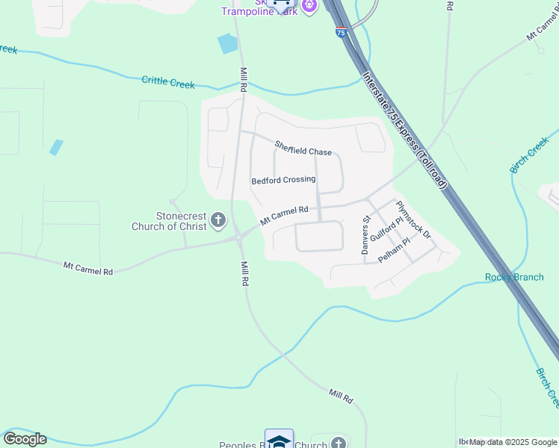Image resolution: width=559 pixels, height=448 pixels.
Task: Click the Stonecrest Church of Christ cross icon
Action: point(218,220)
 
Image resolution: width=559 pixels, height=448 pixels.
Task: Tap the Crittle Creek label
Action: point(168,82)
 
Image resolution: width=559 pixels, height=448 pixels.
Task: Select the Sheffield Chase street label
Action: point(303,148)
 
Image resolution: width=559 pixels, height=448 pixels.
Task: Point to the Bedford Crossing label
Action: point(283,180)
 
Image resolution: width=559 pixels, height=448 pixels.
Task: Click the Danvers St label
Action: point(366,236)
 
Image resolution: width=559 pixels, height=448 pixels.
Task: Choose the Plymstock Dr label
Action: point(414,220)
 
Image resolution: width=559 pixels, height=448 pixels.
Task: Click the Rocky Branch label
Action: point(514,278)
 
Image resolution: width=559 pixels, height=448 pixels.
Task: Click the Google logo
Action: point(24,439)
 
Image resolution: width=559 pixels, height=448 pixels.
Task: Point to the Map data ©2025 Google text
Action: point(513,442)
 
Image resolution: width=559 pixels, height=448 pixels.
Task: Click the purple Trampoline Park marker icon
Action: point(309,6)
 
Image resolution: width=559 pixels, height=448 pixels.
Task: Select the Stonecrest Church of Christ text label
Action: point(170,221)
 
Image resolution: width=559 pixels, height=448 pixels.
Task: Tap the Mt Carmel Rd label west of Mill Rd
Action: point(88,268)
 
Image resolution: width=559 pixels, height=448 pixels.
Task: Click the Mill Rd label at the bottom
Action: point(340,396)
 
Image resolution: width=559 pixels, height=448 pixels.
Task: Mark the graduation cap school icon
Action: point(279,440)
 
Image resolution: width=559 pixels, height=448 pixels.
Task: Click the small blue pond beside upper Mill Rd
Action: point(227,44)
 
